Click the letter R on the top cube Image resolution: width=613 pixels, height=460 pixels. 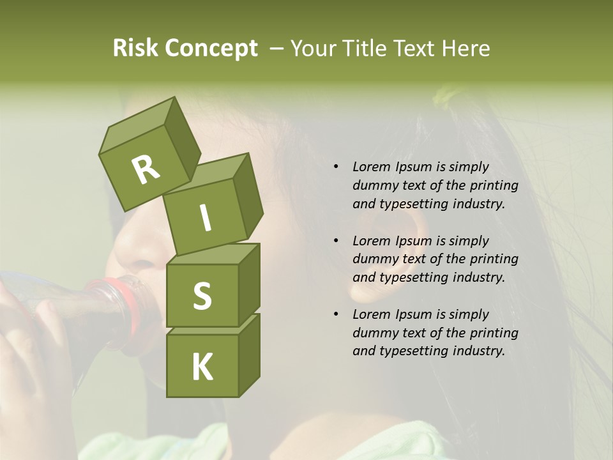pyautogui.click(x=146, y=169)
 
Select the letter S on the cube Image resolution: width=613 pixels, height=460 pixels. pyautogui.click(x=202, y=296)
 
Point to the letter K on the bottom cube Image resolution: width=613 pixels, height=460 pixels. pyautogui.click(x=202, y=367)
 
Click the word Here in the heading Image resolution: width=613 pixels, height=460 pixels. pyautogui.click(x=465, y=48)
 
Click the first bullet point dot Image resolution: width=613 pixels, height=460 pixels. pyautogui.click(x=336, y=167)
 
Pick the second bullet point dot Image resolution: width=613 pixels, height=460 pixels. pyautogui.click(x=336, y=241)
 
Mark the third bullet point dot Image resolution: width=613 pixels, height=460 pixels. pyautogui.click(x=336, y=314)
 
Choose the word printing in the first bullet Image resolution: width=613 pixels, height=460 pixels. pyautogui.click(x=494, y=185)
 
